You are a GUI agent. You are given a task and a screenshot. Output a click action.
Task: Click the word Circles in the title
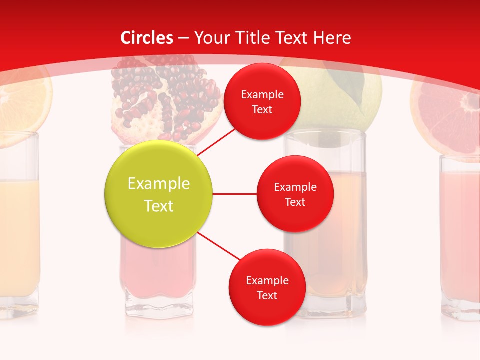[147, 38]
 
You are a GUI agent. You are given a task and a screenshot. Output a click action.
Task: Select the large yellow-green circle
[158, 194]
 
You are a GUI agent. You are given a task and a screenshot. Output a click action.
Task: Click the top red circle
[262, 102]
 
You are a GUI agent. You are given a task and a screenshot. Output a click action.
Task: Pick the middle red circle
[295, 194]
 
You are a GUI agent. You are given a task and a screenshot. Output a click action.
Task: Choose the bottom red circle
[267, 288]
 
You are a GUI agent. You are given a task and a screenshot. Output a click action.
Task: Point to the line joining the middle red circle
[235, 194]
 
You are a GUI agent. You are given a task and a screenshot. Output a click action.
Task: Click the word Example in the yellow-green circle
[158, 184]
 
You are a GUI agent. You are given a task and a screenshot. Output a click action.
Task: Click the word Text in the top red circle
[262, 110]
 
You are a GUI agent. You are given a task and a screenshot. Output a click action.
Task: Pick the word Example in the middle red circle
[295, 187]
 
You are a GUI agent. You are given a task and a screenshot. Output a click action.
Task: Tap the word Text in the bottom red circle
[267, 296]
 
